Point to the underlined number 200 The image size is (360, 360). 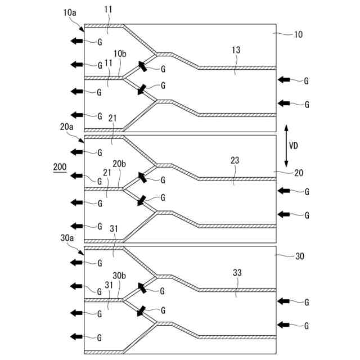pos(59,168)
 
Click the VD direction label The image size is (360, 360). pos(293,145)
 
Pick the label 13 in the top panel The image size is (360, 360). pos(235,50)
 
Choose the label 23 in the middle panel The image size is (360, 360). pos(235,160)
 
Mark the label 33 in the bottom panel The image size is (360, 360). pos(237,272)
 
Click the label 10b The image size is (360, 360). pos(119,53)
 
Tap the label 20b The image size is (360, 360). pos(119,164)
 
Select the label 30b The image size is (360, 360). pos(119,276)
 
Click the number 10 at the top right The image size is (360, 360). pos(298,34)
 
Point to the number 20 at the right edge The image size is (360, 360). pos(298,173)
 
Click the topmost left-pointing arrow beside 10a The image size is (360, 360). pos(76,41)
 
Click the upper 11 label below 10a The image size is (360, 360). pos(109,10)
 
